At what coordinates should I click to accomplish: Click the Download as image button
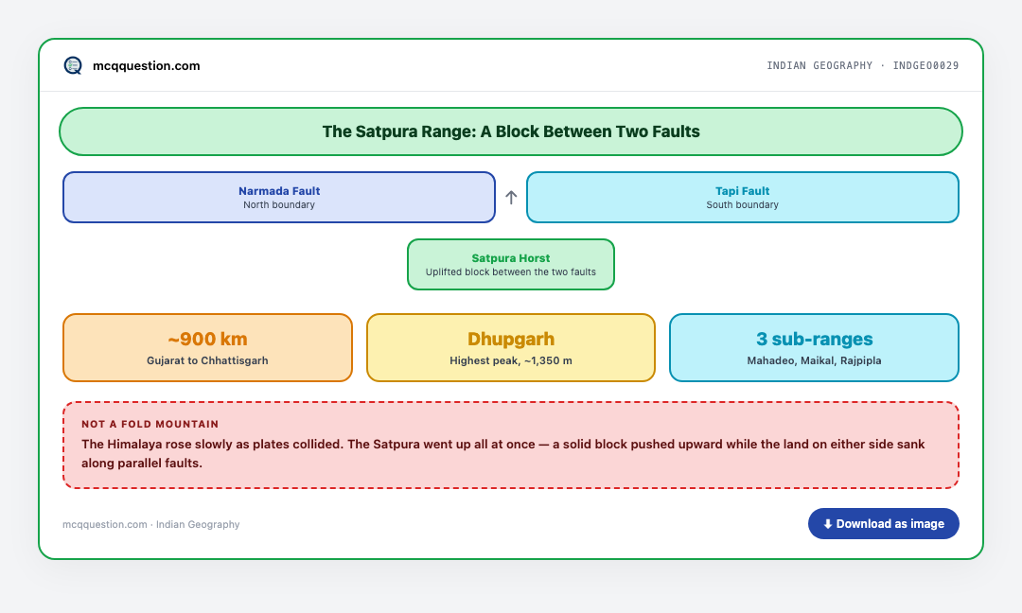(883, 524)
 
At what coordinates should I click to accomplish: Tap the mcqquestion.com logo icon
(73, 65)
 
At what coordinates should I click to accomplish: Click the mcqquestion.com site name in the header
(146, 66)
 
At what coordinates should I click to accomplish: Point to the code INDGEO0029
(925, 66)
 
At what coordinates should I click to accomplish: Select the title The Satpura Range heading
(511, 131)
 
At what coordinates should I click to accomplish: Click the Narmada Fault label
(279, 191)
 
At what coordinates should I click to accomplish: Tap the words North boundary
(279, 204)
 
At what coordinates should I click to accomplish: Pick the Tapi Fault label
(743, 191)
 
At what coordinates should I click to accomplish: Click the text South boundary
(743, 204)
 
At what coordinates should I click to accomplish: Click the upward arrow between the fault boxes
(511, 198)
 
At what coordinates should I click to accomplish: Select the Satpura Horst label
(511, 258)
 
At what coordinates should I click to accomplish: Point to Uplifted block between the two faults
(511, 271)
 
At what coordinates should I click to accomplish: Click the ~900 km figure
(207, 339)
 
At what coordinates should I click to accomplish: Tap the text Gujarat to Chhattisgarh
(207, 360)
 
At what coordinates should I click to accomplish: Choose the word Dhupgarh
(511, 340)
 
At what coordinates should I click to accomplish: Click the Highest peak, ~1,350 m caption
(511, 360)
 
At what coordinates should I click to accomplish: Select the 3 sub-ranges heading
(814, 340)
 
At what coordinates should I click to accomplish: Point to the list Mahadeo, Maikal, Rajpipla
(814, 360)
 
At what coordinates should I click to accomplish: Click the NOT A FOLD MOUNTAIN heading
(150, 424)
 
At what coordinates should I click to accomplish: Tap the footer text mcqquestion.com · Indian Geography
(151, 524)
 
